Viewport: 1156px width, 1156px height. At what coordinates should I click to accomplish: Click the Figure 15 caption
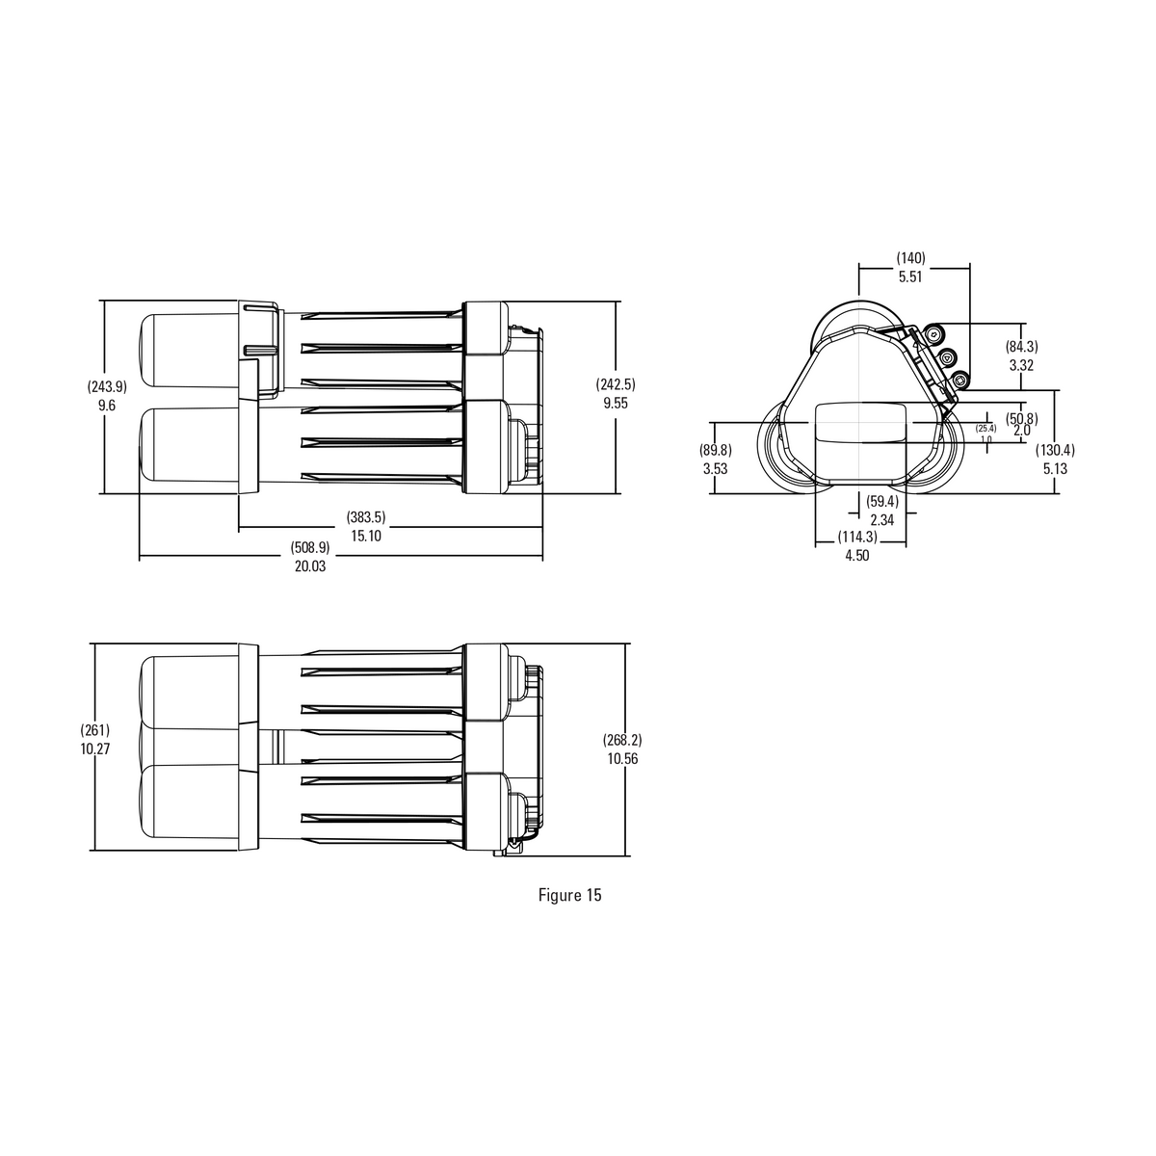pos(569,895)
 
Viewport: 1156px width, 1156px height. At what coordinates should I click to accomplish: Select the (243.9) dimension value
pos(107,387)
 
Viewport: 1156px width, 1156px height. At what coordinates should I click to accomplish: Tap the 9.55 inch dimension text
pos(616,404)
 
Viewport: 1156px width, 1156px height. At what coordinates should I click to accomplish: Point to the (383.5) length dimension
pos(366,517)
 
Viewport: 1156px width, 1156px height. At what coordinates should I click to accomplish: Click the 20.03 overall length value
pos(310,566)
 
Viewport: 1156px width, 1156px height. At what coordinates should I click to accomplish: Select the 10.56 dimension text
pos(623,758)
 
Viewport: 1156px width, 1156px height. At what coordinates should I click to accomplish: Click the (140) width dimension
pos(910,258)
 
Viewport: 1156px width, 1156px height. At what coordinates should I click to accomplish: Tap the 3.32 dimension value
pos(1021,365)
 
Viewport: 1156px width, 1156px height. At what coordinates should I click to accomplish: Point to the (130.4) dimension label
pos(1055,450)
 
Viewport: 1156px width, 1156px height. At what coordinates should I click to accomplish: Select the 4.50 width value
pos(856,555)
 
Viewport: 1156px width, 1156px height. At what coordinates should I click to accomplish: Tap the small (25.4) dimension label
pos(985,428)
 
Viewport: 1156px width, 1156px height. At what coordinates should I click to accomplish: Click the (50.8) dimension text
pos(1021,418)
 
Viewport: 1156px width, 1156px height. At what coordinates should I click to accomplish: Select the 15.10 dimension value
pos(366,536)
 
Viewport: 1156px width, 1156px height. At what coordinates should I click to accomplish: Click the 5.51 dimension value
pos(910,276)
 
